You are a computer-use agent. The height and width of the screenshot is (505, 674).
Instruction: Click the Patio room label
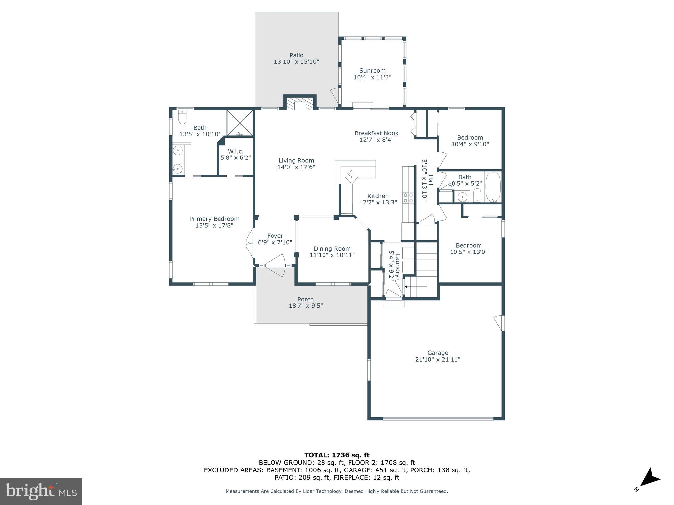tap(296, 55)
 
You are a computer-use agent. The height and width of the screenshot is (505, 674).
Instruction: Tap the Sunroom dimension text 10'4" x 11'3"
tap(372, 78)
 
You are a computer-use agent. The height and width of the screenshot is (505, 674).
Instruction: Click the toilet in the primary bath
tap(182, 117)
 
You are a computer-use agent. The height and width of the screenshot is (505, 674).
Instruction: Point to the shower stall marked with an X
tap(240, 123)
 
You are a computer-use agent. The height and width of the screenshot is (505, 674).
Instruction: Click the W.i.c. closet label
tap(236, 151)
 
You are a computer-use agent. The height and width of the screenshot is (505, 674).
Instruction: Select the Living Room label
tap(296, 160)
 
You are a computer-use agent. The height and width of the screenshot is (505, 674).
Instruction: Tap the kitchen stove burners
tap(408, 198)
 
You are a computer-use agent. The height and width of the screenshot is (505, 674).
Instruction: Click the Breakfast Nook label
tap(376, 133)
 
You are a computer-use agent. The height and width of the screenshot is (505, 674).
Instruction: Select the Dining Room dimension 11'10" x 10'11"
tap(332, 255)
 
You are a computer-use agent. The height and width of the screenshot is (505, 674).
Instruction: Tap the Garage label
tap(438, 353)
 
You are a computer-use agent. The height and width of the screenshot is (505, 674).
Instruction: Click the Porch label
tap(305, 299)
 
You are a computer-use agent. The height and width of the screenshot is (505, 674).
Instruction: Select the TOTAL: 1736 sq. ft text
tap(337, 455)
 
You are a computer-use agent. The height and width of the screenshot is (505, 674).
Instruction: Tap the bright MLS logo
tap(41, 491)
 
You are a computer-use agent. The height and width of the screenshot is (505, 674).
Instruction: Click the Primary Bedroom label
tap(214, 219)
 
